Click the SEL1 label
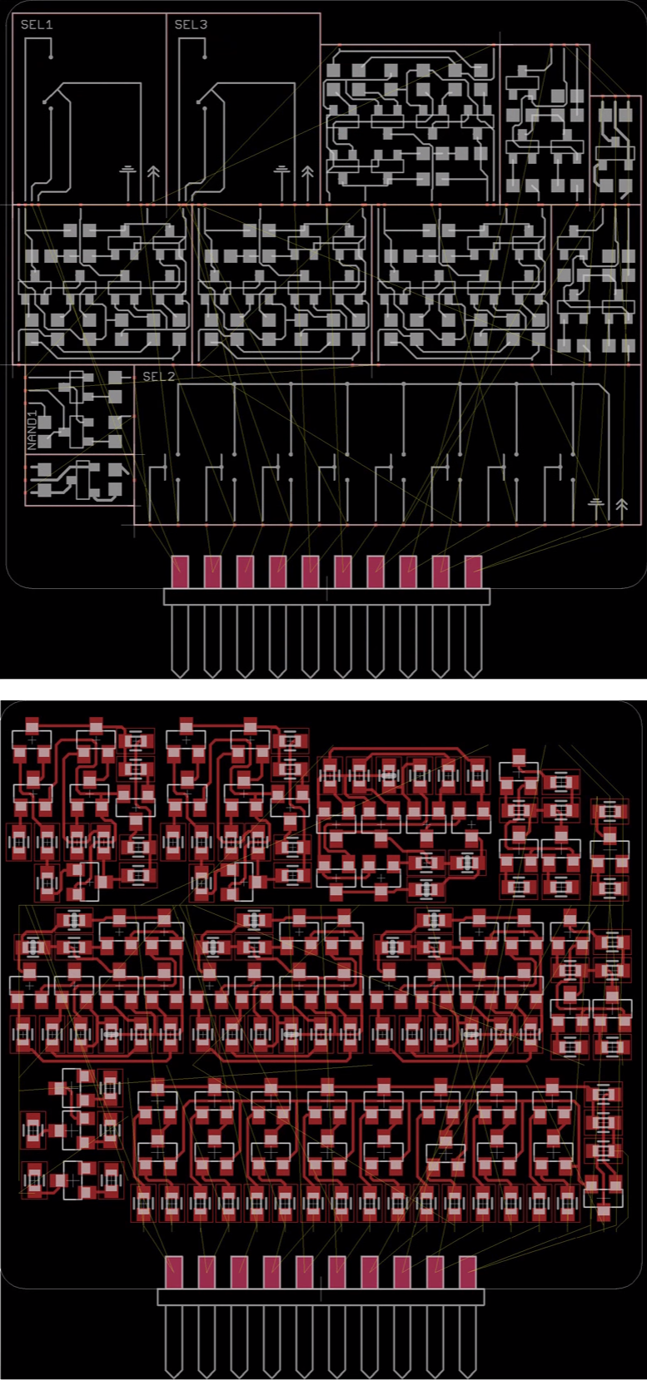point(37,25)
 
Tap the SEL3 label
point(191,25)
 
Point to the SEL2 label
point(158,376)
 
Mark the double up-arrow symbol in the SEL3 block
point(307,172)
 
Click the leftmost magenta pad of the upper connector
point(180,571)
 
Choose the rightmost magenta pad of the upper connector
point(473,571)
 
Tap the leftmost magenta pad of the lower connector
point(173,1272)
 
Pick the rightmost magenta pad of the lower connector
point(467,1272)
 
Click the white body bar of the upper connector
point(326,596)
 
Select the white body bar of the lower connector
point(321,1297)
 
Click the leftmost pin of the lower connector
point(173,1341)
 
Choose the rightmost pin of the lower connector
point(467,1341)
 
